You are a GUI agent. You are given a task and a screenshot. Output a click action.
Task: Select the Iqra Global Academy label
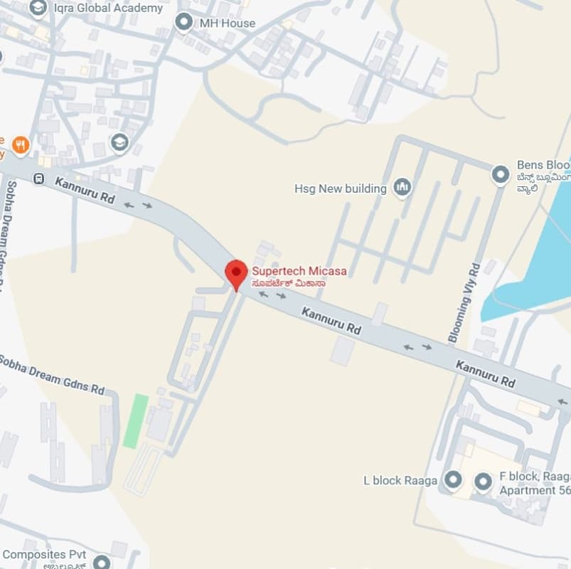pyautogui.click(x=108, y=9)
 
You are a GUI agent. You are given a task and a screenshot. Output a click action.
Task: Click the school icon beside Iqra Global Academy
pyautogui.click(x=38, y=8)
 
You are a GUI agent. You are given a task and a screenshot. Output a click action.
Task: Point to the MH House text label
pyautogui.click(x=227, y=23)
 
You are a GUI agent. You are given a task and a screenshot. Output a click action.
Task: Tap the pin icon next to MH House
pyautogui.click(x=185, y=23)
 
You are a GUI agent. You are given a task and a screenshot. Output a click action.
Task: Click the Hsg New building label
pyautogui.click(x=341, y=188)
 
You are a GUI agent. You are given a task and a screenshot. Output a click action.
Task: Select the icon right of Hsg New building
pyautogui.click(x=402, y=188)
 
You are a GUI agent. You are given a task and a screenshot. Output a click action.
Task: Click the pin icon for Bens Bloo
pyautogui.click(x=501, y=173)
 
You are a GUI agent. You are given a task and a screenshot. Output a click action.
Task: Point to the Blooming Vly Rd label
pyautogui.click(x=464, y=302)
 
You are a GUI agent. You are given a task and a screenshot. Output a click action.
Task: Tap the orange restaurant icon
pyautogui.click(x=21, y=145)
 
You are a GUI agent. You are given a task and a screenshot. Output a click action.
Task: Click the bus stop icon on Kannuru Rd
pyautogui.click(x=40, y=179)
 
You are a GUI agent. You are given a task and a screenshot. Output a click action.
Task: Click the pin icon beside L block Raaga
pyautogui.click(x=452, y=481)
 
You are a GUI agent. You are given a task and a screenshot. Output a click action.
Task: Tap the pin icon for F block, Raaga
pyautogui.click(x=484, y=482)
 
